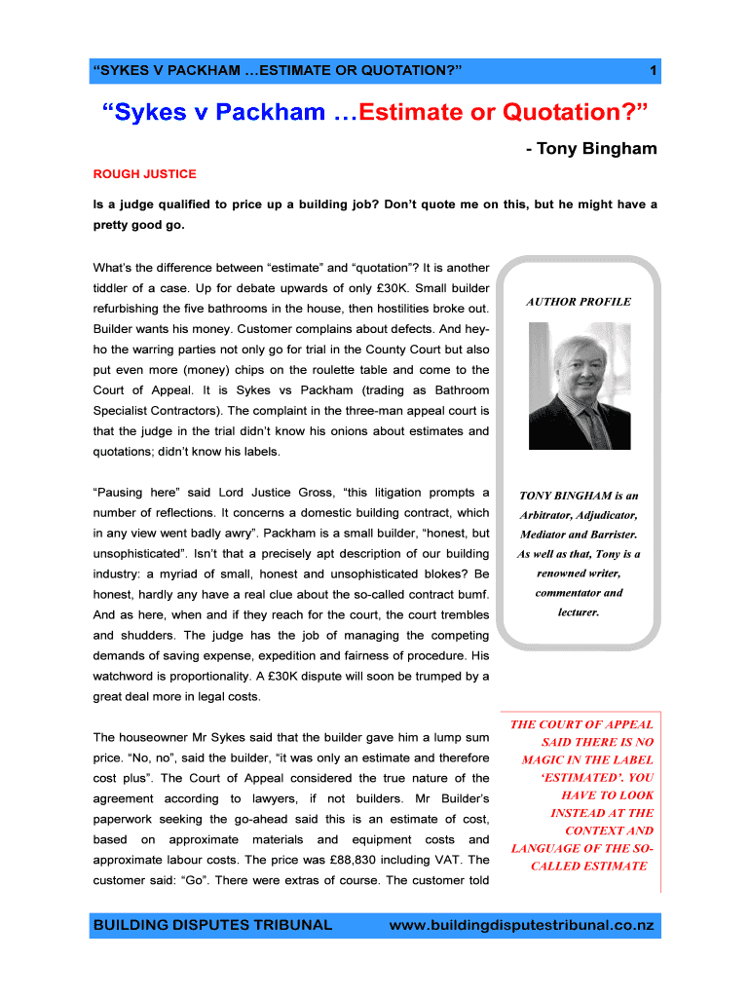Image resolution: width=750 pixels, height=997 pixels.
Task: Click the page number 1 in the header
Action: pyautogui.click(x=653, y=71)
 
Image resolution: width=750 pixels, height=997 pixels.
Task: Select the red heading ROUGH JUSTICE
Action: pyautogui.click(x=144, y=174)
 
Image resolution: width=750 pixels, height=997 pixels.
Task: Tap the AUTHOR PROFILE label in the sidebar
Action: pyautogui.click(x=579, y=302)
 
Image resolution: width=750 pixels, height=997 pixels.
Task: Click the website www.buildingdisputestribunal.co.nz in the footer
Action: pyautogui.click(x=521, y=925)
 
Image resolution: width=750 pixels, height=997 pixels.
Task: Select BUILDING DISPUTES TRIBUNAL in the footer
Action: pyautogui.click(x=212, y=925)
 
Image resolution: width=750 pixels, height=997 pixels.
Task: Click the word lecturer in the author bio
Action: pyautogui.click(x=579, y=612)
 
